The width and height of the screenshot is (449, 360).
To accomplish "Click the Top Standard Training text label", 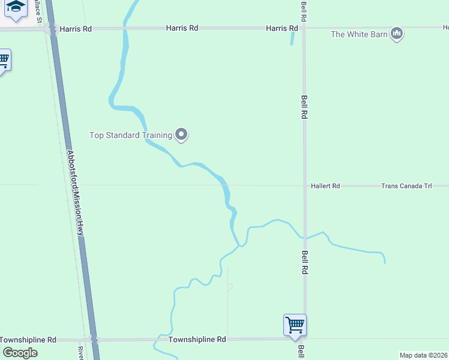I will click(131, 135).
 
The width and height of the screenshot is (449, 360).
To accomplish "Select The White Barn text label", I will click(359, 34).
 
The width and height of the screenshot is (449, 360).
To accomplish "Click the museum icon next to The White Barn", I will click(396, 34).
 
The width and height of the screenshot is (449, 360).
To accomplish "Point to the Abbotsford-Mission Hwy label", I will click(76, 195).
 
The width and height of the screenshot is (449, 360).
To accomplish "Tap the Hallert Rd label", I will click(325, 186).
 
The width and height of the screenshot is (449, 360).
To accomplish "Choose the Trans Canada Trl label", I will click(406, 186).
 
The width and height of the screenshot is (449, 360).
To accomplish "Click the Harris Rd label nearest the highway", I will click(76, 28).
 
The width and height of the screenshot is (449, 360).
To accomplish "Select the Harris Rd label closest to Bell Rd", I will click(282, 28).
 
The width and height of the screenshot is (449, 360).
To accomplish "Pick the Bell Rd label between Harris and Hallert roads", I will click(305, 107).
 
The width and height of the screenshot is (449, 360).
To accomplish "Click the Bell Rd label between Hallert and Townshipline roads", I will click(305, 262).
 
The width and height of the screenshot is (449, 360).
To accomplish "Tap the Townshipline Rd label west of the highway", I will click(28, 340).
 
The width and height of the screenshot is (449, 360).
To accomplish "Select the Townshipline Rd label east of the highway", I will click(197, 340).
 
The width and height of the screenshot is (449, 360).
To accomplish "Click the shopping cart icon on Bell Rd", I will click(295, 325).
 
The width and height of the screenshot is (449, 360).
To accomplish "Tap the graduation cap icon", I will click(16, 7).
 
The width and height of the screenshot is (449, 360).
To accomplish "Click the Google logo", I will click(20, 352).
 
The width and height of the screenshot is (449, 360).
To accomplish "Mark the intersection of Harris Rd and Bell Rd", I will click(304, 28).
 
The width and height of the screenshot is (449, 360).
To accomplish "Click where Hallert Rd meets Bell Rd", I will click(304, 186).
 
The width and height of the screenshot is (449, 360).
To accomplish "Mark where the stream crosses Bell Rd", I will click(304, 236).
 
